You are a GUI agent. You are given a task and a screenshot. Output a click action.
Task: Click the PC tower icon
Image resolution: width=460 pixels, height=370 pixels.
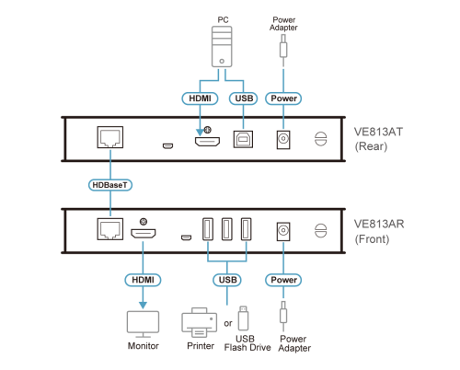click(222, 47)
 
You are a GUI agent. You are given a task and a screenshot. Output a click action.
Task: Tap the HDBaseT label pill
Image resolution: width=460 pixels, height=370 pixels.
click(110, 185)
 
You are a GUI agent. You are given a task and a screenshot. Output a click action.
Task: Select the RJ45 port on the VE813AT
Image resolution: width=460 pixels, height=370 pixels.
click(110, 137)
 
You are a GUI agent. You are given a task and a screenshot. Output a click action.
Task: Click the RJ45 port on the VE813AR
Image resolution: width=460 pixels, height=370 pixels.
click(110, 229)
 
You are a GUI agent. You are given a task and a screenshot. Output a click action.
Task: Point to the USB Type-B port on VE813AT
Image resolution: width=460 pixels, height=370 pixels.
click(243, 139)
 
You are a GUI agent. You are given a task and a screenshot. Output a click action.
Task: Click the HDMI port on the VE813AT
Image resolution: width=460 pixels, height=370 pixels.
click(207, 141)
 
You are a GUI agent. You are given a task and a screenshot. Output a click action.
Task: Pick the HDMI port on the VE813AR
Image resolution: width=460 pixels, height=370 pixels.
click(144, 233)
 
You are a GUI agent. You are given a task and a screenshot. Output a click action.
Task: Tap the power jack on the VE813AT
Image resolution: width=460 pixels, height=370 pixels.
click(283, 140)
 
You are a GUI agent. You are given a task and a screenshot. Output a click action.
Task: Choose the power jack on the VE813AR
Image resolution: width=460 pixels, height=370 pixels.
click(283, 232)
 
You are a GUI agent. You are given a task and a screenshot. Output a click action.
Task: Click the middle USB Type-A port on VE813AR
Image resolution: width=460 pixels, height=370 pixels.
click(227, 229)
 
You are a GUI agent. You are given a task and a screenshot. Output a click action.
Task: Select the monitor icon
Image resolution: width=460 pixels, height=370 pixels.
click(144, 324)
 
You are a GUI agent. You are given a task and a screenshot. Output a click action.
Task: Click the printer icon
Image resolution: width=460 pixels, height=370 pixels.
click(200, 322)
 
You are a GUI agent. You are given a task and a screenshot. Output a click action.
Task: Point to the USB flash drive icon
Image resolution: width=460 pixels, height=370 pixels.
click(243, 318)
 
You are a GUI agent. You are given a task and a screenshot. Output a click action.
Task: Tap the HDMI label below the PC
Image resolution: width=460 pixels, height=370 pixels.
click(200, 98)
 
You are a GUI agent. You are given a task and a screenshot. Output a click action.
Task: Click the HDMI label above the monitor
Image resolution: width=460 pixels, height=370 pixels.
click(143, 280)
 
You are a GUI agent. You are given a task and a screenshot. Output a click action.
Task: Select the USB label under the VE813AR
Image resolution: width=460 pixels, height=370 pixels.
click(227, 280)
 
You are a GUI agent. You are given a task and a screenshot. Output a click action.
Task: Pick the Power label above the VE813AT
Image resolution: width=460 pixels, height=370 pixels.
click(283, 98)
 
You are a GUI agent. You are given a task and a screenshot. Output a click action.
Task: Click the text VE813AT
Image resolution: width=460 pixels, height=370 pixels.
click(378, 132)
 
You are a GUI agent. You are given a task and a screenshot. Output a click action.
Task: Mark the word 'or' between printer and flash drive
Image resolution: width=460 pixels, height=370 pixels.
click(228, 323)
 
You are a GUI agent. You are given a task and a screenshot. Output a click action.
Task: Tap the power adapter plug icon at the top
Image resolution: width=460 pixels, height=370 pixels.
click(283, 50)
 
